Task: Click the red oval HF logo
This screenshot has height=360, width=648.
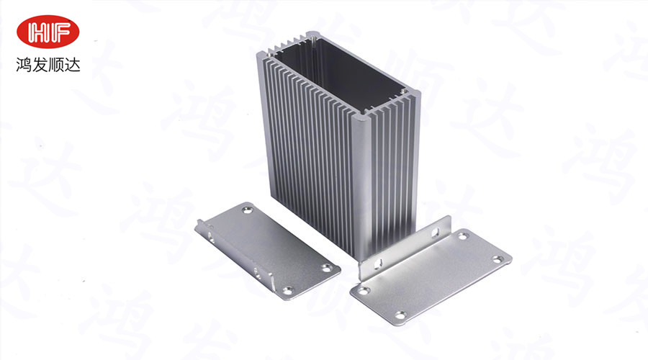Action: coord(48,32)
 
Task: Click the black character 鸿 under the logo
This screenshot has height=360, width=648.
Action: coord(24,65)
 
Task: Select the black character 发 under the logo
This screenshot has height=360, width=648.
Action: coord(40,65)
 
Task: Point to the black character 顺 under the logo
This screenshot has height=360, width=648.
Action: coord(56,65)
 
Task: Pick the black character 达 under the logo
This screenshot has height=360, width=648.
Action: coord(72,65)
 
